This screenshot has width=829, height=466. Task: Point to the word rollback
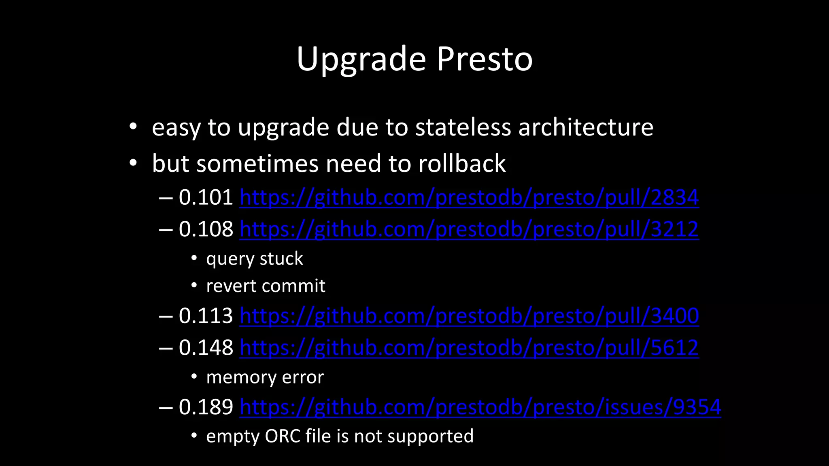pyautogui.click(x=462, y=163)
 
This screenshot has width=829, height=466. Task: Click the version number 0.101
pyautogui.click(x=206, y=197)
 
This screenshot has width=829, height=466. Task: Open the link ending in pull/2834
pyautogui.click(x=469, y=198)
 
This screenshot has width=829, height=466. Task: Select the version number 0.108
pyautogui.click(x=206, y=229)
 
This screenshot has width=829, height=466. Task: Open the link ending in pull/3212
pyautogui.click(x=469, y=229)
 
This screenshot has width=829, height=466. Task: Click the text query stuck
pyautogui.click(x=254, y=259)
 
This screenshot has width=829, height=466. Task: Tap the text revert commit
pyautogui.click(x=266, y=286)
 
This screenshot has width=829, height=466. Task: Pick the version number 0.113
pyautogui.click(x=206, y=316)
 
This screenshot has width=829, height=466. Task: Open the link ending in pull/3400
pyautogui.click(x=469, y=316)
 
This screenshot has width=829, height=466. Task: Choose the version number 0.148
pyautogui.click(x=206, y=347)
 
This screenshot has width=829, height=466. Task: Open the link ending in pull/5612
pyautogui.click(x=469, y=348)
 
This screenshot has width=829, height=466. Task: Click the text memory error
pyautogui.click(x=265, y=377)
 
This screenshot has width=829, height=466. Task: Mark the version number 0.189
pyautogui.click(x=206, y=407)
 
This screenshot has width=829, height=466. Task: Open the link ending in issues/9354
pyautogui.click(x=480, y=407)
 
